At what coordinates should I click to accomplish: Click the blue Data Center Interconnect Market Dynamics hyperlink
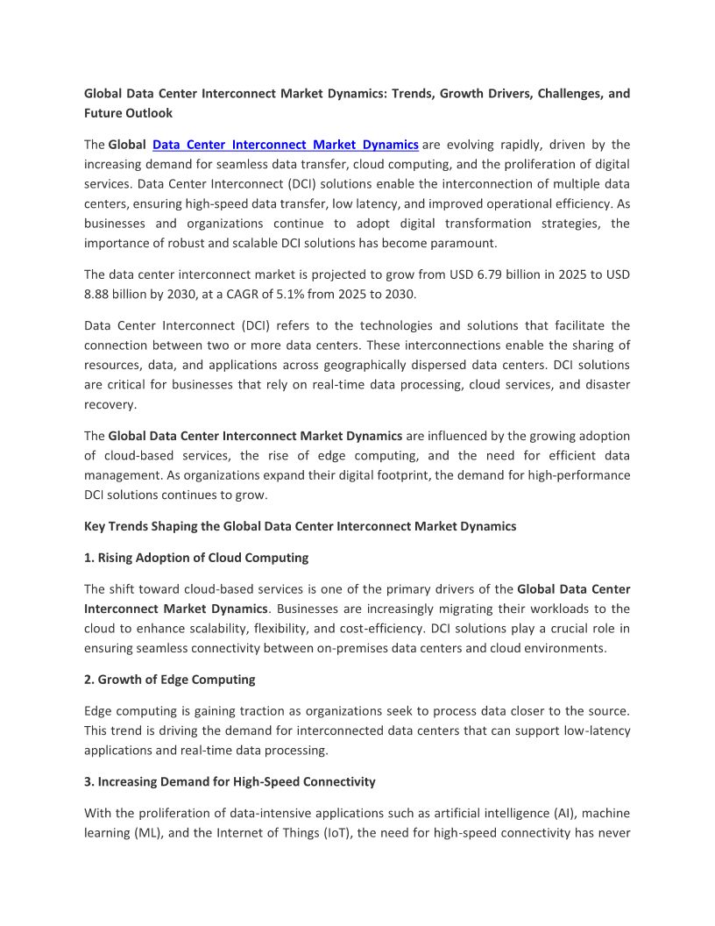pos(285,145)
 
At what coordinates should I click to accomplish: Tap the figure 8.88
pos(99,295)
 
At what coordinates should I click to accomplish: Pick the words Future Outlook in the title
pos(128,113)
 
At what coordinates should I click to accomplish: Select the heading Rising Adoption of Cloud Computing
pos(202,558)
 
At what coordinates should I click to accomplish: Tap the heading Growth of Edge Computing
pos(176,679)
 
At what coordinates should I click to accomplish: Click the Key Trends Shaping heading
pos(300,526)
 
